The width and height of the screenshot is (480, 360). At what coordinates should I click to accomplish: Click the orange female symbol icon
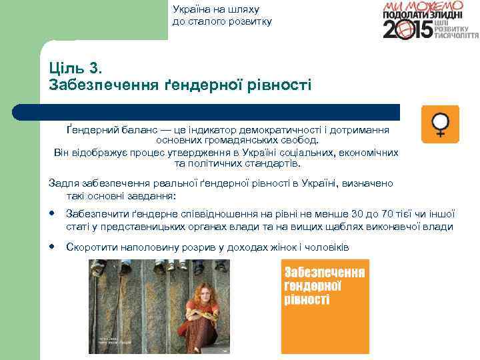440,124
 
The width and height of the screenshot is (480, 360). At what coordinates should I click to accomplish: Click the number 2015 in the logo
406,29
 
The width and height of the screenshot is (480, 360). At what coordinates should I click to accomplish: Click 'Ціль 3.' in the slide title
74,69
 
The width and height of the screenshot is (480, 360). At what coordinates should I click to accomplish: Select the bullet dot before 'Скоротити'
52,247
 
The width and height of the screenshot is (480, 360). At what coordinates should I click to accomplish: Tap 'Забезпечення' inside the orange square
325,273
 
